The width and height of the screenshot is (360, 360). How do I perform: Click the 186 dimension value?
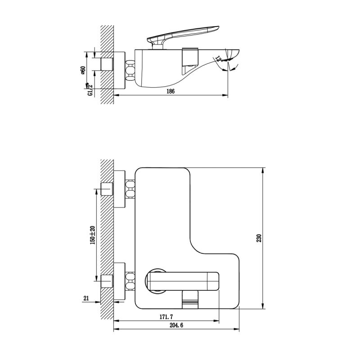point(170,91)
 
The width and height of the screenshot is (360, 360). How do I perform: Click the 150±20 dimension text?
point(92,235)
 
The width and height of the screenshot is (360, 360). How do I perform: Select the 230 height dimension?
point(259,238)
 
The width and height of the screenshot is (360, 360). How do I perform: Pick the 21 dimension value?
point(85,298)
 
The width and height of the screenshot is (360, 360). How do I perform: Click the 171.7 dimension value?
point(165,317)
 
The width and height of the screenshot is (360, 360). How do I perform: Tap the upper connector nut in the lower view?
point(130,189)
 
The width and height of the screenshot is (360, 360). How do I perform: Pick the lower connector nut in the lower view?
point(130,280)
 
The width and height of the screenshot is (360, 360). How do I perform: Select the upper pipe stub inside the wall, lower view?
point(107,189)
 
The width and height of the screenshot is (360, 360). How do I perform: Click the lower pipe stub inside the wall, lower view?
point(107,280)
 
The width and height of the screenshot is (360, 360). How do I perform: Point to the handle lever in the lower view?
point(182,279)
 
